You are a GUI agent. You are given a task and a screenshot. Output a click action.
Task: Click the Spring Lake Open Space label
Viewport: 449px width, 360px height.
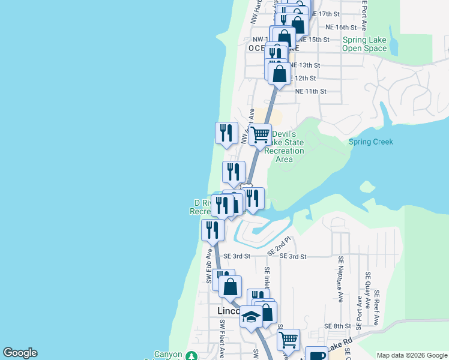coord(364,44)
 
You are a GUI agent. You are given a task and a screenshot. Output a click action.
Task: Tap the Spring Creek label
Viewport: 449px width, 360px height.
coord(371,142)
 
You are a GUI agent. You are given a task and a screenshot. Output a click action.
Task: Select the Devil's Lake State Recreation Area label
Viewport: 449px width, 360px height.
coord(285,146)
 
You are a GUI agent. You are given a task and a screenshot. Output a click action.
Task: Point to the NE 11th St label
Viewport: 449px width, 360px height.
coord(310,91)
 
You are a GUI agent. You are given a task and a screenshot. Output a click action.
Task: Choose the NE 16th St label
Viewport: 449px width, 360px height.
coord(341,28)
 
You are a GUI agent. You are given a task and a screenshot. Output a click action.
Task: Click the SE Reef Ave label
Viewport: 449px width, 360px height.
coord(377,307)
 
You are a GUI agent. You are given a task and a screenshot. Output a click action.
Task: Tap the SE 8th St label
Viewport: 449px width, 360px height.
coord(337,326)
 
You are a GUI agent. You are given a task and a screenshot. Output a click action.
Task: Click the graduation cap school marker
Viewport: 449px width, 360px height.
coord(251,317)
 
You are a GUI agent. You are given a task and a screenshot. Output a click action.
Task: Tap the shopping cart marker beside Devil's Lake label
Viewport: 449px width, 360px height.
coord(260,134)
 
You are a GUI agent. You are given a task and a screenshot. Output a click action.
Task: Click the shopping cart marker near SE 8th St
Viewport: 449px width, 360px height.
coord(288,339)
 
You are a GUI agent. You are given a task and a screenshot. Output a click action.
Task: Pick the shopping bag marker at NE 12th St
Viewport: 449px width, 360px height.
coord(279,74)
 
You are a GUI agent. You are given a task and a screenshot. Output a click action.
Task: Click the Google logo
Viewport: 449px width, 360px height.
coord(20,353)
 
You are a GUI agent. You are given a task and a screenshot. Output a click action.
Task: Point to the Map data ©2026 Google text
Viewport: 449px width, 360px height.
coord(411,355)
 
